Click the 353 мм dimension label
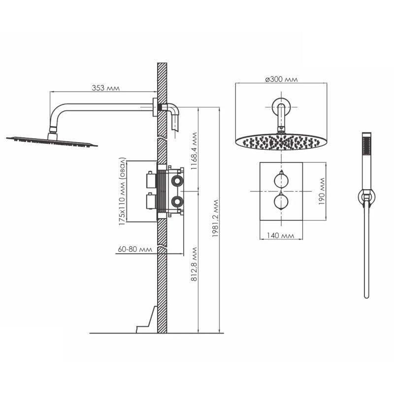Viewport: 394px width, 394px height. pos(105,88)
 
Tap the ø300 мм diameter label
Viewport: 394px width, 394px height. pos(281,79)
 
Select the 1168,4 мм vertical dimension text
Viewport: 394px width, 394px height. pos(194,151)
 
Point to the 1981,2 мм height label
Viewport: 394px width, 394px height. pos(215,219)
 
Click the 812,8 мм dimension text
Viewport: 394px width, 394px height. pos(194,264)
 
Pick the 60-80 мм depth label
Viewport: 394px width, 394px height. pos(135,249)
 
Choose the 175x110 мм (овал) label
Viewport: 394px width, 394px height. pos(122,191)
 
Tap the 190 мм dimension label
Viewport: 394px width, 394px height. pos(322,191)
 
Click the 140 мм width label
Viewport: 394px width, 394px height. pos(280,235)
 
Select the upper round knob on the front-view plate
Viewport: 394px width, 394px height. pos(281,180)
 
